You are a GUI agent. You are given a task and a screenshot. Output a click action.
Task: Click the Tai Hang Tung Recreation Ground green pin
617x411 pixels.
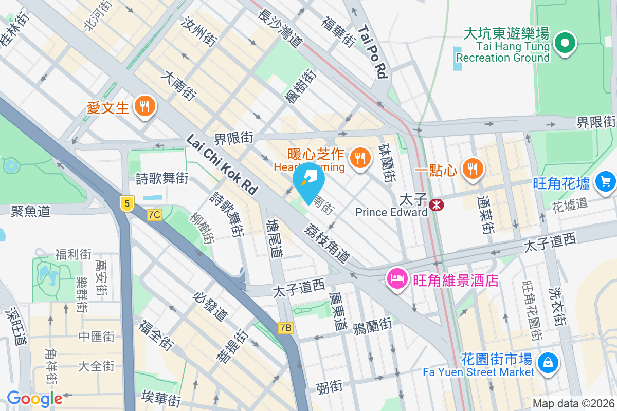click(x=565, y=43)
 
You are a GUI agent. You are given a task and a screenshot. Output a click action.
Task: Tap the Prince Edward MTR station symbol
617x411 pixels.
click(x=437, y=205)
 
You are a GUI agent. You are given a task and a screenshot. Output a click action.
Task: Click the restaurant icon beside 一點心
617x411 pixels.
click(x=471, y=169)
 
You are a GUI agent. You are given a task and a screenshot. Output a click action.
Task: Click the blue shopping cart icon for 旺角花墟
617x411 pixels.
click(x=605, y=181)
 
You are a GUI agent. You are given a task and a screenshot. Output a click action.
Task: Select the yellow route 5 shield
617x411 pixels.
click(x=127, y=203)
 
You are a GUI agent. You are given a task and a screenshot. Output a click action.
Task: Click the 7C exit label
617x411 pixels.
click(x=154, y=215)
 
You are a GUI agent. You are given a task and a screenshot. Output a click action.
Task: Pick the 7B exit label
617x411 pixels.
click(x=286, y=327)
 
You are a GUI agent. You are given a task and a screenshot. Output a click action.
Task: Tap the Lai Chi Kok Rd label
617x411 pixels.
click(x=222, y=164)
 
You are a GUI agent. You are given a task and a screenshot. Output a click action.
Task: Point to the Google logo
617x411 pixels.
click(x=34, y=399)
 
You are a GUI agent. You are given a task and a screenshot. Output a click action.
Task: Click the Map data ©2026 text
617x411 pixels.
click(x=573, y=404)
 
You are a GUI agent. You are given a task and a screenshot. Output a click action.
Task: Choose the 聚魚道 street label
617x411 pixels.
click(x=31, y=211)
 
